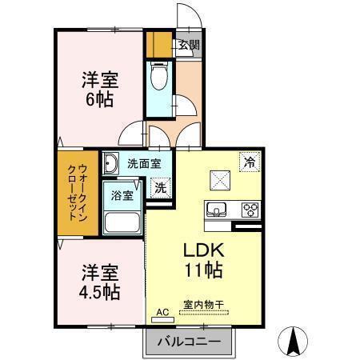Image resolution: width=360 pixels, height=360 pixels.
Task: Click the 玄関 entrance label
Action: tap(189, 46)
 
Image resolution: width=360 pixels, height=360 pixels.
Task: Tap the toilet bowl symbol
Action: tap(159, 78)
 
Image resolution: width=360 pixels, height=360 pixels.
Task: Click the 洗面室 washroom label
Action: tap(144, 164)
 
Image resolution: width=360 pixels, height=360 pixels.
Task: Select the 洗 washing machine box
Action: tap(161, 188)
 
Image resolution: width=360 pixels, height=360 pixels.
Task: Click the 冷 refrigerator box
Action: tap(251, 162)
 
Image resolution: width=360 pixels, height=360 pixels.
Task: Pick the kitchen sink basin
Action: tap(216, 210)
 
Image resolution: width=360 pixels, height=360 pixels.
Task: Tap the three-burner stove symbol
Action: tap(250, 210)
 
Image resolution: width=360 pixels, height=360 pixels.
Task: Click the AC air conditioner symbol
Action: tap(162, 315)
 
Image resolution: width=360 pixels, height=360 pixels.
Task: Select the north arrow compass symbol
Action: tap(293, 342)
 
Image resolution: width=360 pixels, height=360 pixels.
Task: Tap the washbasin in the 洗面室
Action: tap(111, 164)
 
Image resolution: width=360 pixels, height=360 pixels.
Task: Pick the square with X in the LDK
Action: tap(219, 180)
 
